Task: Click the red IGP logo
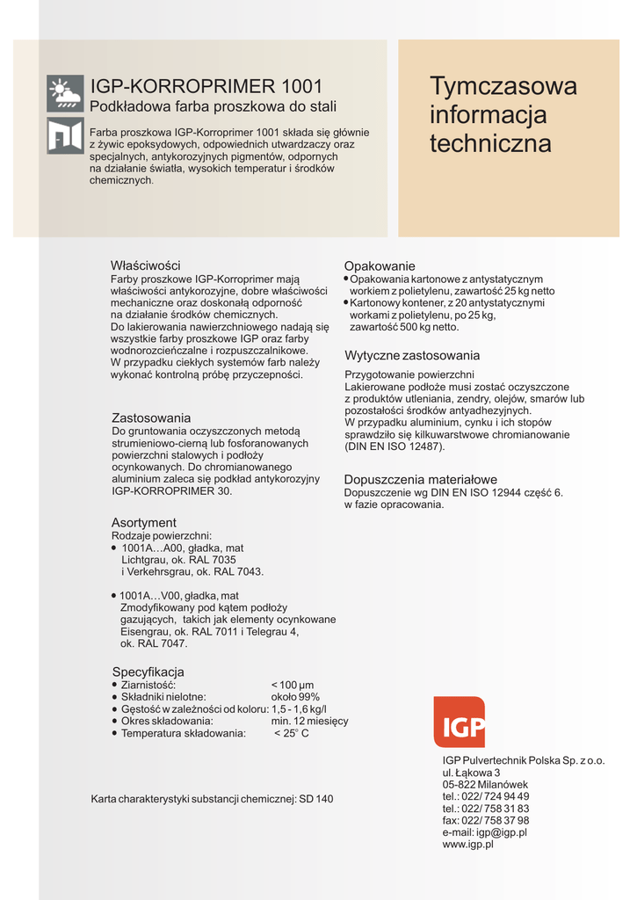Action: pos(459,722)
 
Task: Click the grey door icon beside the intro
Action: pos(65,135)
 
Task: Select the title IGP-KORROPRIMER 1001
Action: pos(206,87)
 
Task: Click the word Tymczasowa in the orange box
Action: pos(503,86)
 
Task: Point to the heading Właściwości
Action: pos(145,265)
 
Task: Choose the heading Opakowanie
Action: pos(380,266)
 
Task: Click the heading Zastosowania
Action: pos(151,417)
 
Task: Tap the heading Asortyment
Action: pos(144,523)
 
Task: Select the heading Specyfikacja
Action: pos(148,672)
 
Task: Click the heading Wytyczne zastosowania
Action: pos(412,356)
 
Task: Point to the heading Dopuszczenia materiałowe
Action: pos(420,480)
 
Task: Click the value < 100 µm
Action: pos(293,686)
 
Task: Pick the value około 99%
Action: pos(295,697)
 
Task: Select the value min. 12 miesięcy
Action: pos(309,721)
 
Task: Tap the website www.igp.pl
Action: pos(468,844)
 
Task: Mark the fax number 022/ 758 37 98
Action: pos(497,821)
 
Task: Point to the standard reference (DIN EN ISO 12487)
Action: pos(395,446)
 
